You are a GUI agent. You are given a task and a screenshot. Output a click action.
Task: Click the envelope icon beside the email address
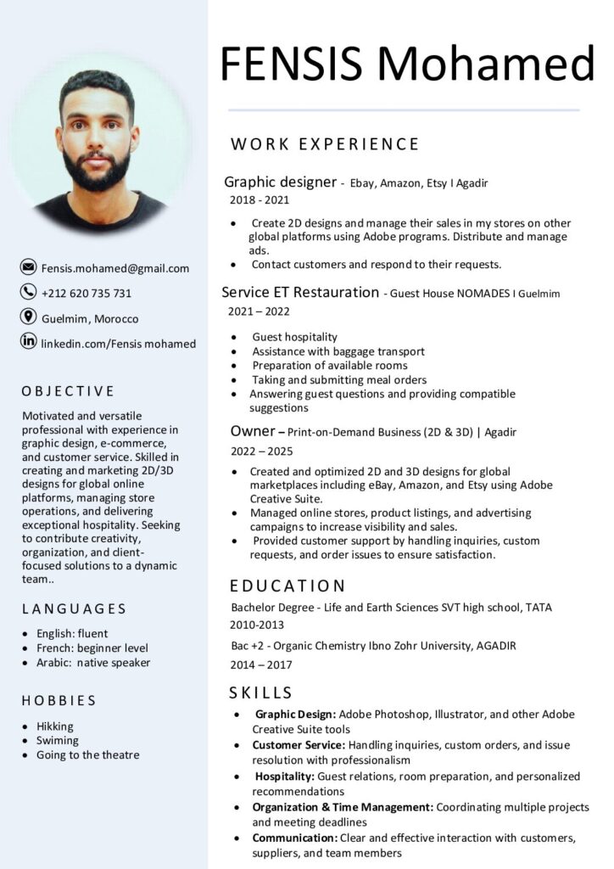tap(28, 268)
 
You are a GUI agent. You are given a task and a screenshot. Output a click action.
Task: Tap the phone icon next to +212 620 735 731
tap(28, 293)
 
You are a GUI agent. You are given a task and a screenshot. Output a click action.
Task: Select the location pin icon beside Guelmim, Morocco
tap(28, 317)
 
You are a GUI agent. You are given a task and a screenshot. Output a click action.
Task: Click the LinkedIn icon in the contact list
tap(28, 342)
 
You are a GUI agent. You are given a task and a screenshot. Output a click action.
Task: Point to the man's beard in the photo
tap(96, 169)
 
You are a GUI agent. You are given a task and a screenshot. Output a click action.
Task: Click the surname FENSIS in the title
tap(292, 64)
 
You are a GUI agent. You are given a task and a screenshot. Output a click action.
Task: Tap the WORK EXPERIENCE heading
tap(325, 143)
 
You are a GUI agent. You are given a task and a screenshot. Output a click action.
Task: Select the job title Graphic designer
tap(280, 182)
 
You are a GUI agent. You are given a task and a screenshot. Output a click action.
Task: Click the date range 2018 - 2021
tap(260, 200)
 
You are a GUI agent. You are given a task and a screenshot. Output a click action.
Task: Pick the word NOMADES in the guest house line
tap(483, 294)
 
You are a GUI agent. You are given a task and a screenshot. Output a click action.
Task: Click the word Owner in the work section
tap(252, 431)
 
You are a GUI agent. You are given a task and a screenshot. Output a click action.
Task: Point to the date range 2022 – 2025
tap(262, 451)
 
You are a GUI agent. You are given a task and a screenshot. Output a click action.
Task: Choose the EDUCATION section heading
tap(287, 586)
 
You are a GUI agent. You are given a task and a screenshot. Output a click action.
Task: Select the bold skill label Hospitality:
tap(285, 776)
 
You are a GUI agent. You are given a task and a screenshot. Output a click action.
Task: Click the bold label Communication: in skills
tap(294, 838)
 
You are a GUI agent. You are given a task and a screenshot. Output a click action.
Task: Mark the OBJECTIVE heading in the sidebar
tap(68, 391)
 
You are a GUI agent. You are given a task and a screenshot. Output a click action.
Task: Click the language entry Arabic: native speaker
tap(92, 662)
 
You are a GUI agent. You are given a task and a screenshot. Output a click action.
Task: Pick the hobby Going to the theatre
tap(87, 754)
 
